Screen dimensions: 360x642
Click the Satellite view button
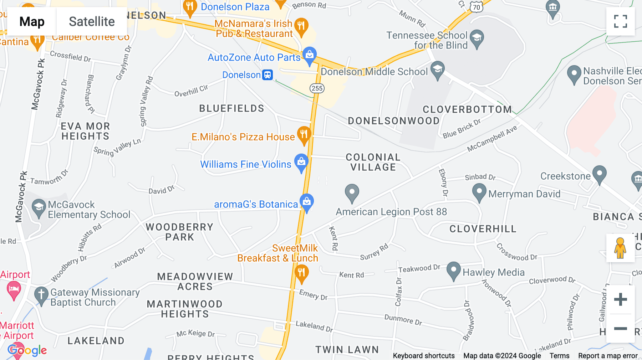pyautogui.click(x=92, y=22)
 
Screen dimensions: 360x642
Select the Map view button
pyautogui.click(x=32, y=22)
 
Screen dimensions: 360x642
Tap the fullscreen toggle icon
pyautogui.click(x=620, y=21)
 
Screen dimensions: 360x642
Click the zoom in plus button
pyautogui.click(x=620, y=299)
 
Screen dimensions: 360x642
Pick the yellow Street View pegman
pyautogui.click(x=620, y=248)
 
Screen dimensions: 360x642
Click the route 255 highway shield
pyautogui.click(x=317, y=88)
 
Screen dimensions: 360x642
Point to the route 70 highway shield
pyautogui.click(x=477, y=7)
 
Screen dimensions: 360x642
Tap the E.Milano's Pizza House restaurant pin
pyautogui.click(x=304, y=135)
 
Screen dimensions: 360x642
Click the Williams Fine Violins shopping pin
pyautogui.click(x=301, y=162)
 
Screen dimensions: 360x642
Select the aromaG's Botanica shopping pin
pyautogui.click(x=307, y=202)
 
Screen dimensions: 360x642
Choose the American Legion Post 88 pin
pyautogui.click(x=352, y=192)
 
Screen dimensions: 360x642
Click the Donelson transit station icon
pyautogui.click(x=267, y=75)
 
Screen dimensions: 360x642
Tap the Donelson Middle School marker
pyautogui.click(x=438, y=70)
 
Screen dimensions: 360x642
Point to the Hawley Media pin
pyautogui.click(x=454, y=270)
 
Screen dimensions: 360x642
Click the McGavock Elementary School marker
pyautogui.click(x=39, y=207)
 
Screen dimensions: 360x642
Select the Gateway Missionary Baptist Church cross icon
pyautogui.click(x=41, y=295)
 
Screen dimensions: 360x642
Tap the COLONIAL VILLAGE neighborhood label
pyautogui.click(x=373, y=162)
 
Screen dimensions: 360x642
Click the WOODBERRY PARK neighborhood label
pyautogui.click(x=179, y=232)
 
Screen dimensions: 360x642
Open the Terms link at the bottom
pyautogui.click(x=559, y=356)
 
